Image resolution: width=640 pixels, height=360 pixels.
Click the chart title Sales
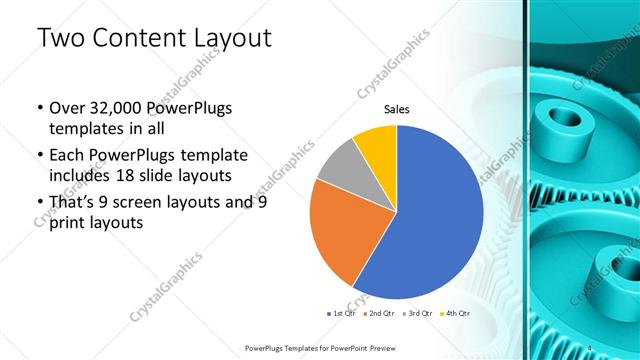coord(397,110)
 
